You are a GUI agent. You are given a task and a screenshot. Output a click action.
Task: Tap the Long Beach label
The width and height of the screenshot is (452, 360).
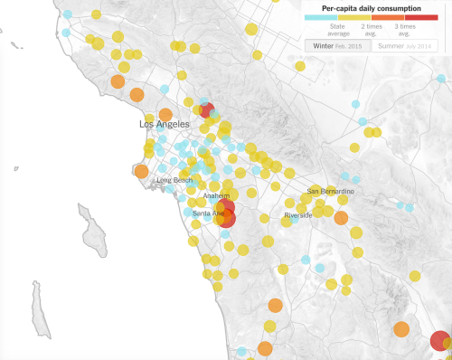click(x=174, y=180)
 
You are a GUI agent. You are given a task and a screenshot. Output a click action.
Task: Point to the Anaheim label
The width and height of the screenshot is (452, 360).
click(x=216, y=195)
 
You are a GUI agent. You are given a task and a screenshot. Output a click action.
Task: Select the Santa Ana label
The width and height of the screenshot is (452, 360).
click(x=208, y=213)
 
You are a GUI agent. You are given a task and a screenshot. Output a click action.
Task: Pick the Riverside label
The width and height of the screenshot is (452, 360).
click(x=297, y=215)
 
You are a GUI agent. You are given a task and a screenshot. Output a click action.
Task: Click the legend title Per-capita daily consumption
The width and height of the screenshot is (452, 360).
click(x=371, y=8)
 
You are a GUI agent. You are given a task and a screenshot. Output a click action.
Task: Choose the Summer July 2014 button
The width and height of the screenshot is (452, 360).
click(x=403, y=45)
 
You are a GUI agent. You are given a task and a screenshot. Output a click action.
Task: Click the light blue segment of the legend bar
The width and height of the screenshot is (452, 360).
click(x=320, y=17)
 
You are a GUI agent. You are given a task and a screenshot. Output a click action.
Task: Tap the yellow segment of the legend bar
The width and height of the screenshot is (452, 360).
click(x=353, y=17)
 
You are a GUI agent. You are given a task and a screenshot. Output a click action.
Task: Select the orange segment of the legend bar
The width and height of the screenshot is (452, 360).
click(x=387, y=17)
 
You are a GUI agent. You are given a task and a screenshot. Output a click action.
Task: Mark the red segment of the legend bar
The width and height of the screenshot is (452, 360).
click(x=419, y=17)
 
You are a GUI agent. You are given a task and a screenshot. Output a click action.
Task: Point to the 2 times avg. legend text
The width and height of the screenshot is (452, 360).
click(x=371, y=29)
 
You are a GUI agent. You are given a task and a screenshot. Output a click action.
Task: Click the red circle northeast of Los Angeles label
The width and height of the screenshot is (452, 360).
click(x=206, y=110)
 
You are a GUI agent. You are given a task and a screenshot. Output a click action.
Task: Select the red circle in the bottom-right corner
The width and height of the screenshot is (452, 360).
click(x=439, y=341)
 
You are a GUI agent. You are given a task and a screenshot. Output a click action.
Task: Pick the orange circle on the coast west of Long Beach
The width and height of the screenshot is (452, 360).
click(x=140, y=171)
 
